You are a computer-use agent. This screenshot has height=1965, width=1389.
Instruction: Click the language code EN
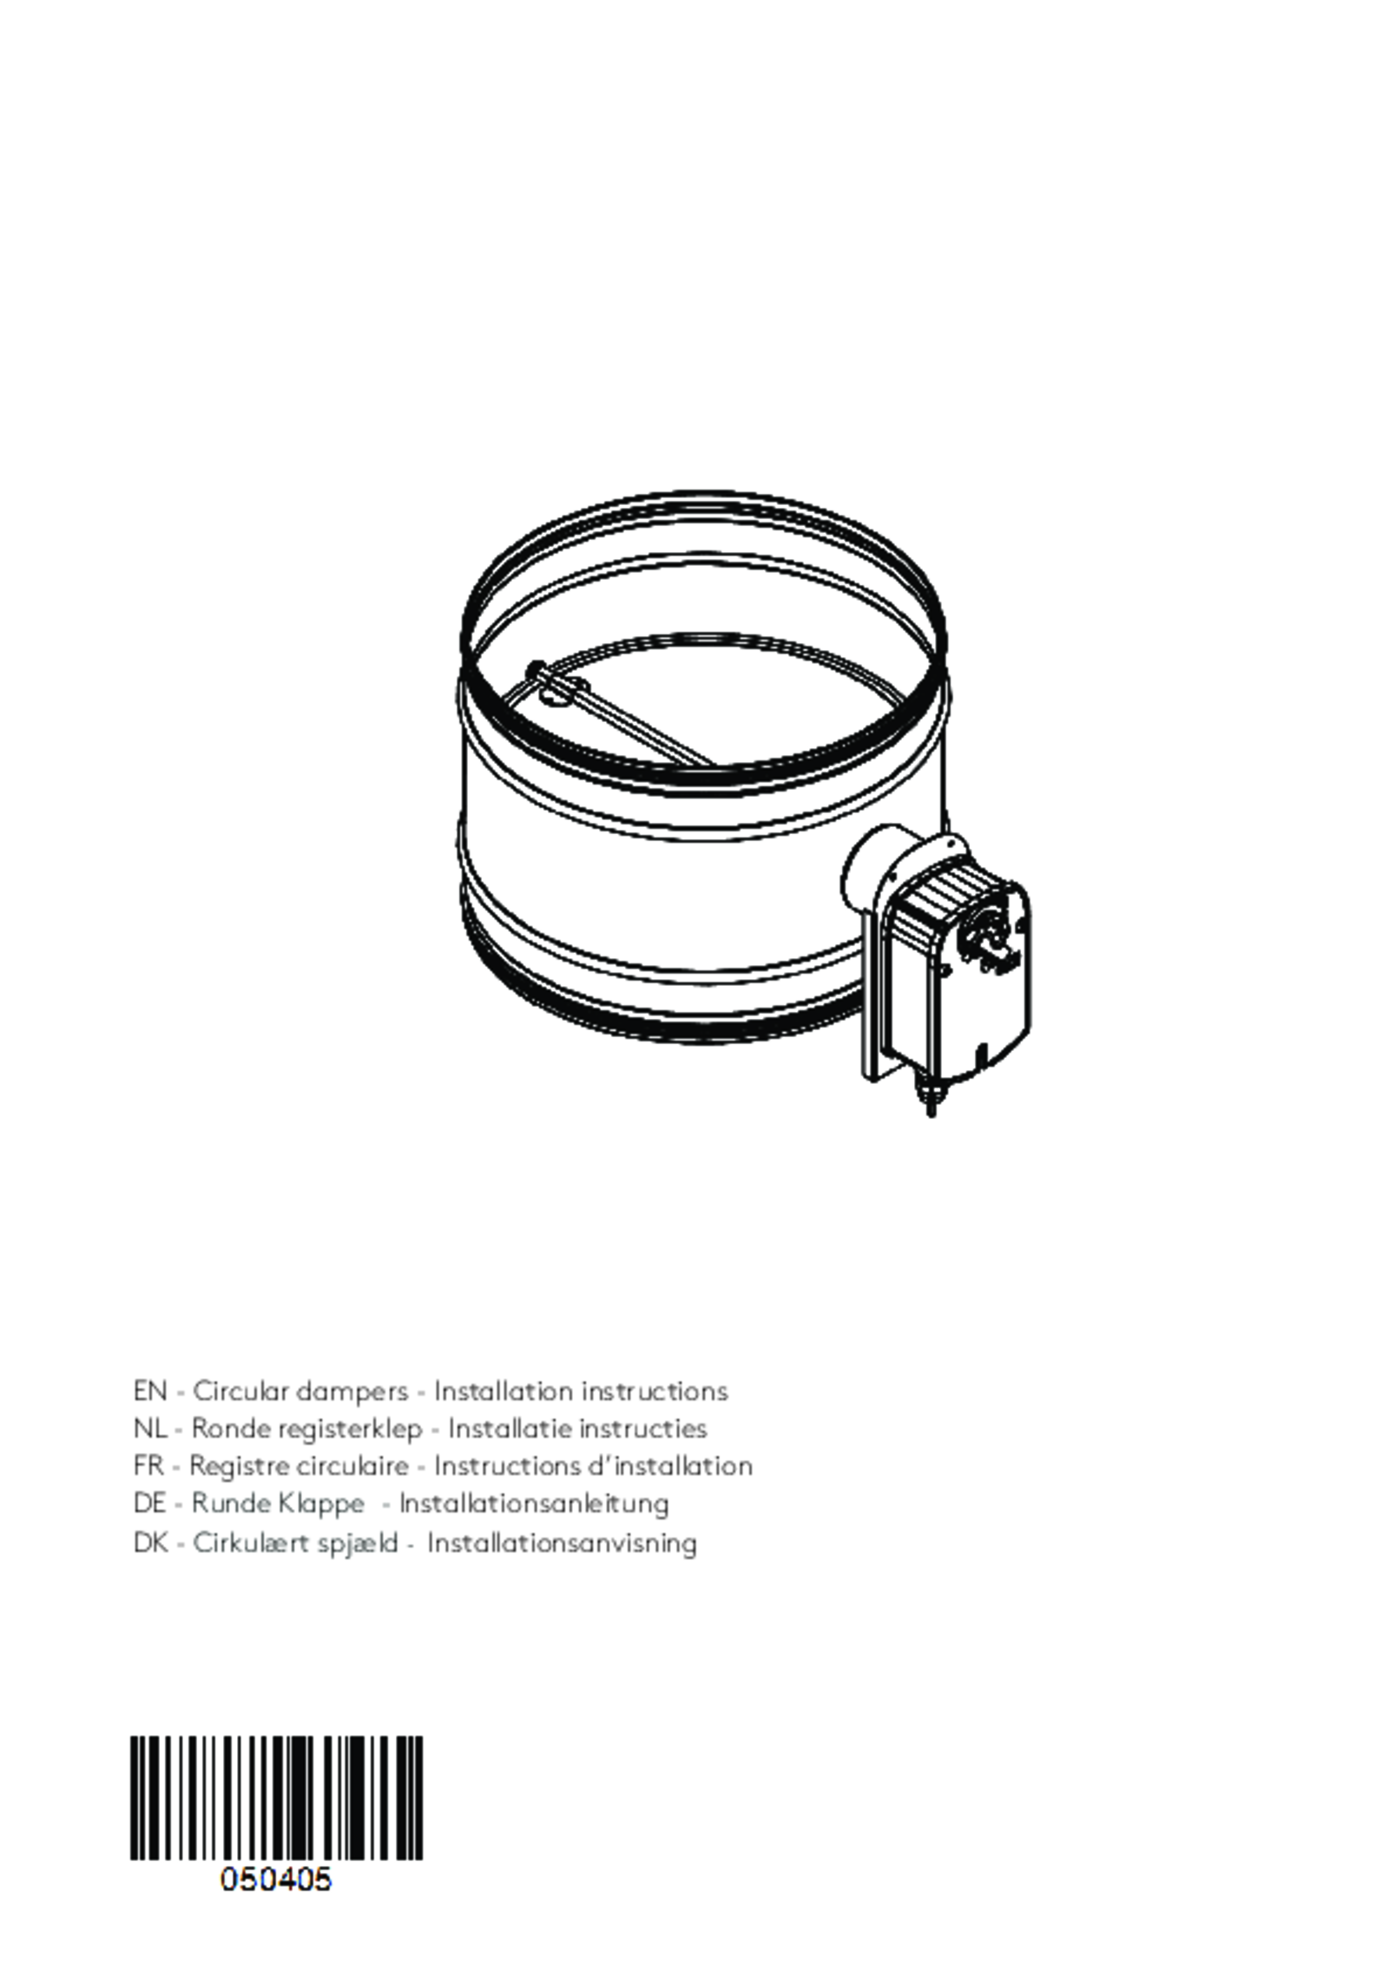tap(149, 1391)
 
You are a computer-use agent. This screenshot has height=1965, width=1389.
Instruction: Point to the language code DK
tap(149, 1542)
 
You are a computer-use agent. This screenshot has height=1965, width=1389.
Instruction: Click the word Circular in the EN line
tap(240, 1391)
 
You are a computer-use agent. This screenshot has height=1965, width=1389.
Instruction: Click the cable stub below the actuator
tap(930, 1101)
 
